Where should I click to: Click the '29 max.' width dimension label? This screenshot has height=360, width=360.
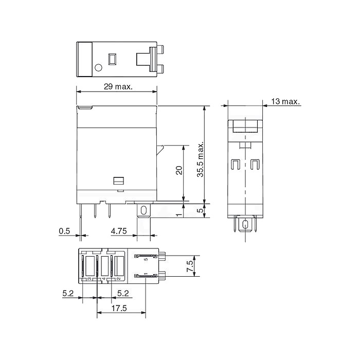118,87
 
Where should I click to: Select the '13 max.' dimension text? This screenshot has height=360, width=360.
285,101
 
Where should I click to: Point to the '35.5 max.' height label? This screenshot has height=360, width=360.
201,159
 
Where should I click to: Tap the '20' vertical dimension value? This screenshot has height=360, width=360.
179,170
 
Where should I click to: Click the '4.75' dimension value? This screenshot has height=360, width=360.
119,231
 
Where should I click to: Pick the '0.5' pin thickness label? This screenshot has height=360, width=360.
64,231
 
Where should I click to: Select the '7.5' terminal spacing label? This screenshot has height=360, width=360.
190,266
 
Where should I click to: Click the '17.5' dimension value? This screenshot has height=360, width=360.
119,308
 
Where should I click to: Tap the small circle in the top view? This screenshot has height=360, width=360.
98,67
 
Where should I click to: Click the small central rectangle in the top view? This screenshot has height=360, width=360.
112,59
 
